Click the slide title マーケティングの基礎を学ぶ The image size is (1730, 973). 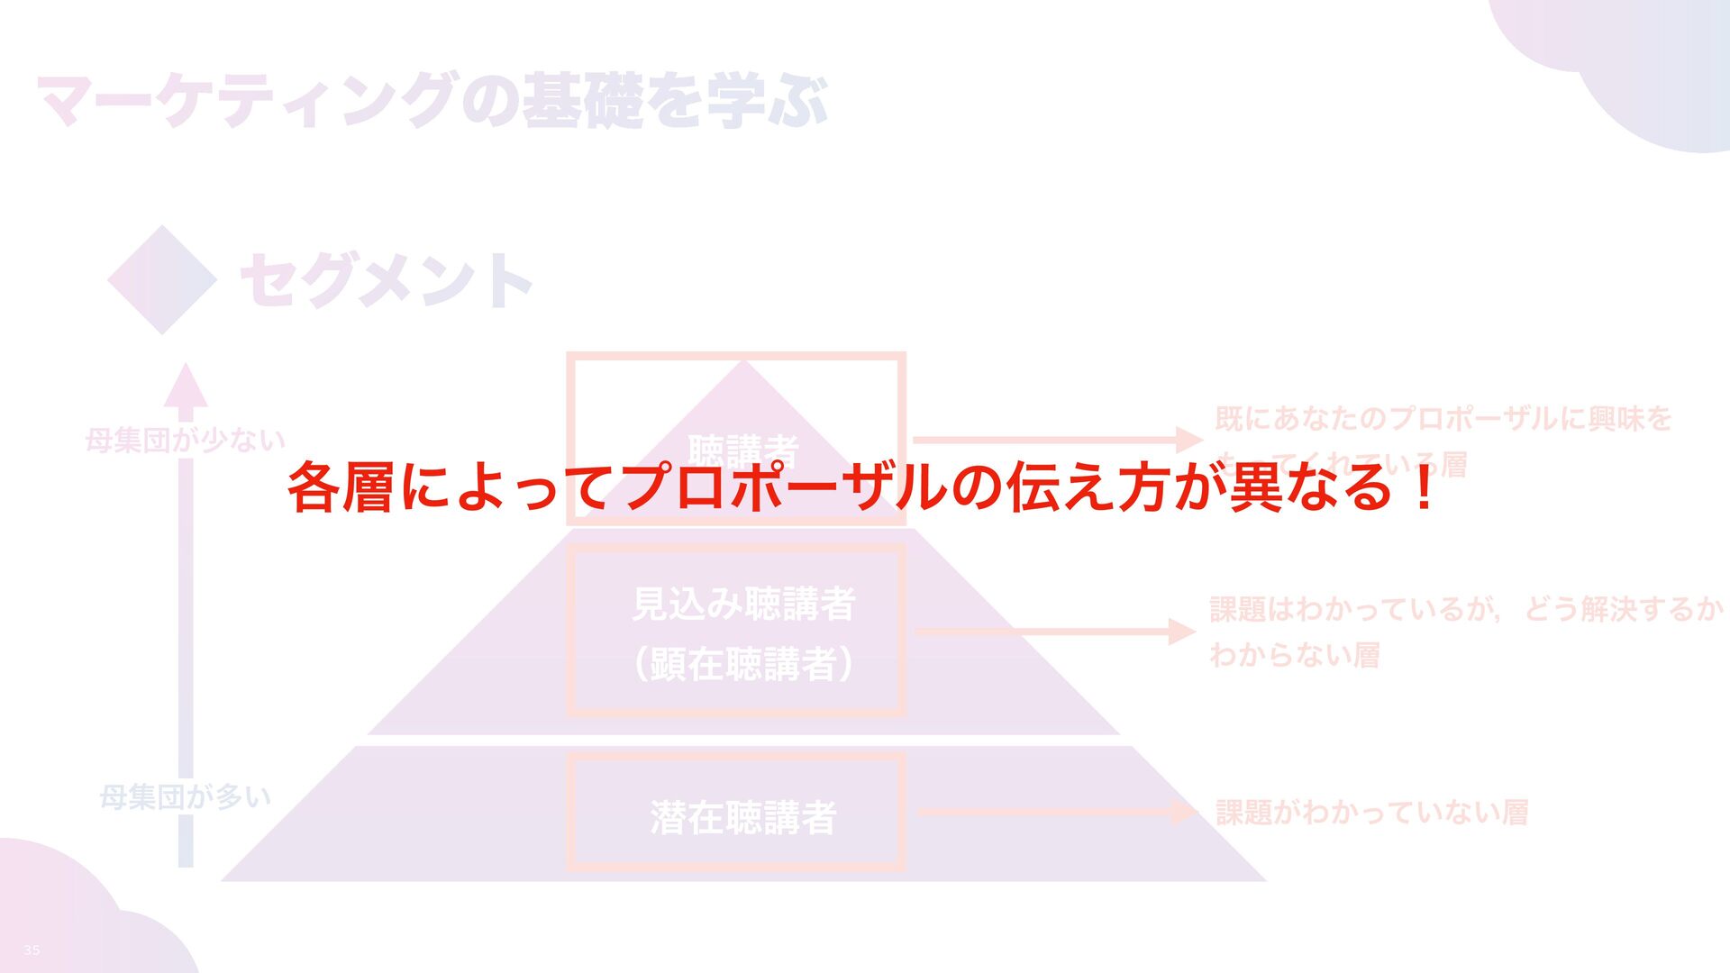[x=431, y=101]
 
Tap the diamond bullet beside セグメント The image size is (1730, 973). [x=162, y=280]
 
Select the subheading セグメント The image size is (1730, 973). [x=386, y=281]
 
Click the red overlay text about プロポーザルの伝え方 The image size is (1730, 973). [x=860, y=487]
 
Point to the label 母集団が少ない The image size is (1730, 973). [x=185, y=441]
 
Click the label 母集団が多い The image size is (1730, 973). [x=185, y=796]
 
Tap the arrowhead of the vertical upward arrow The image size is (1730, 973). [x=186, y=387]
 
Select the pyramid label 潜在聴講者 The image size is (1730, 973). [x=743, y=817]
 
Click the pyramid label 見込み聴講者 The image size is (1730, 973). [x=743, y=604]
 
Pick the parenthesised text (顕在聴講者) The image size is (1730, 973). [x=743, y=664]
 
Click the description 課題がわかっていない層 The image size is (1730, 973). [x=1371, y=813]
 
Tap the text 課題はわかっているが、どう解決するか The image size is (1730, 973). [x=1466, y=610]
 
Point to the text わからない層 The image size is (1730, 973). [x=1294, y=655]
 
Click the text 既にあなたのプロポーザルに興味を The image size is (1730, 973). [x=1443, y=419]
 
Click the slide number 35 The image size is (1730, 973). [x=32, y=950]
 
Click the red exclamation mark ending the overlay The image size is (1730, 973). [x=1424, y=487]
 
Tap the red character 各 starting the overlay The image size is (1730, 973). [x=313, y=487]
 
